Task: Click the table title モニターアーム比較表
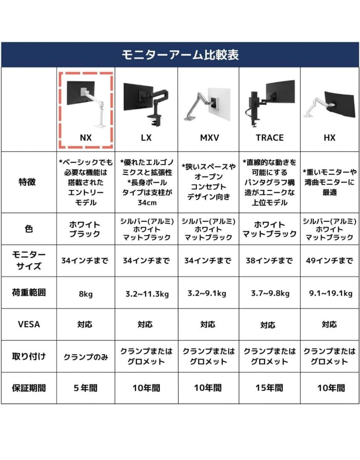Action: tap(180, 55)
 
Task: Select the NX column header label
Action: tap(86, 138)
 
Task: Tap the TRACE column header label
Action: tap(269, 138)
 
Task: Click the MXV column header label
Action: tap(208, 138)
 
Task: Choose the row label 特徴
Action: tap(29, 182)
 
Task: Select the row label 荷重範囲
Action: tap(29, 293)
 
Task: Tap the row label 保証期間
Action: tap(29, 388)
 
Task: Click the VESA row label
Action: tap(29, 324)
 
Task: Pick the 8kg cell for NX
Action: tap(86, 293)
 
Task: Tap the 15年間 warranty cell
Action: tap(269, 388)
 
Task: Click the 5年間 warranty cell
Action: tap(86, 388)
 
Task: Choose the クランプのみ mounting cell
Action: tap(86, 356)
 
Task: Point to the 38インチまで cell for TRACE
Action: tap(269, 261)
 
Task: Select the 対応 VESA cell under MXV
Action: tap(208, 324)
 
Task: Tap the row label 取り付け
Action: tap(29, 356)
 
